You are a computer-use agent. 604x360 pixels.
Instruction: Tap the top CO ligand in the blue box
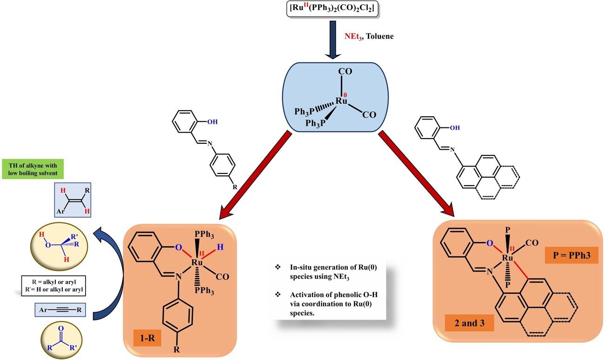coord(345,72)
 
